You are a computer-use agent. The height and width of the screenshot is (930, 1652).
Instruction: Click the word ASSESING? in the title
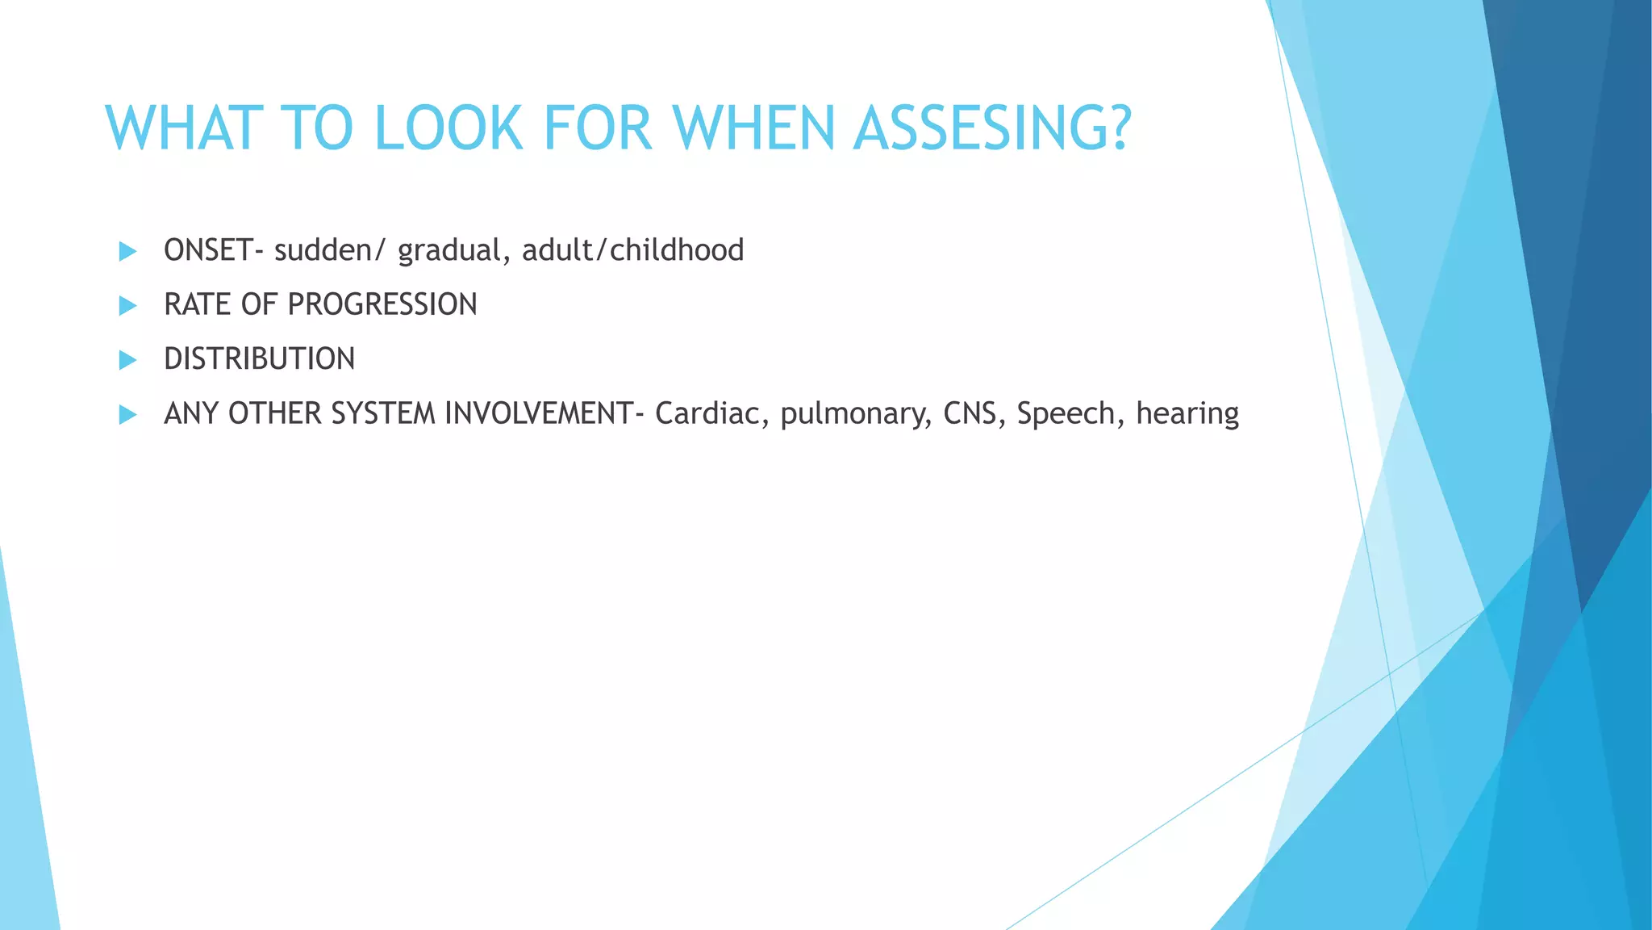(993, 128)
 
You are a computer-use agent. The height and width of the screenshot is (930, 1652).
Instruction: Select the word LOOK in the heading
(448, 128)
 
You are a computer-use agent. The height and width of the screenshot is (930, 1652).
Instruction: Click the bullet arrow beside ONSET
(127, 251)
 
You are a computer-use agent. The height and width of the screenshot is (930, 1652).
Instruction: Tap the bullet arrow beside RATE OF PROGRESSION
(127, 305)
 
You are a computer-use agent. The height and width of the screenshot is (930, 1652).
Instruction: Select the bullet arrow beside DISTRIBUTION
(127, 359)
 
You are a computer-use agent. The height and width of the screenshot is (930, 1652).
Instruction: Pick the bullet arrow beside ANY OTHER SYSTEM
(127, 414)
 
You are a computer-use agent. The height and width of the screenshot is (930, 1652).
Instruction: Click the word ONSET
(208, 250)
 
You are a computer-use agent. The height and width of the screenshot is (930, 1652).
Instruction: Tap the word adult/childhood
(632, 250)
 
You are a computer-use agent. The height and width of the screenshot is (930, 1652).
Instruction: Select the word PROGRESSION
(382, 305)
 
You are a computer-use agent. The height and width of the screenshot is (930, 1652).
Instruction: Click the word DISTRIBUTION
(259, 359)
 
